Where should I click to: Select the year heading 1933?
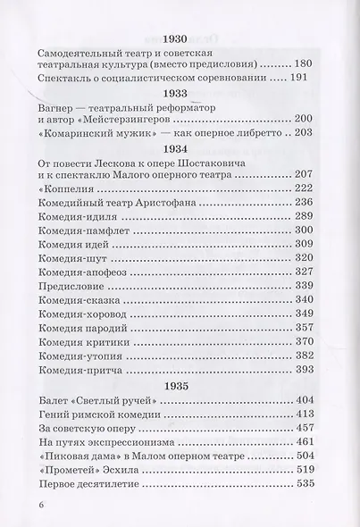(180, 92)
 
